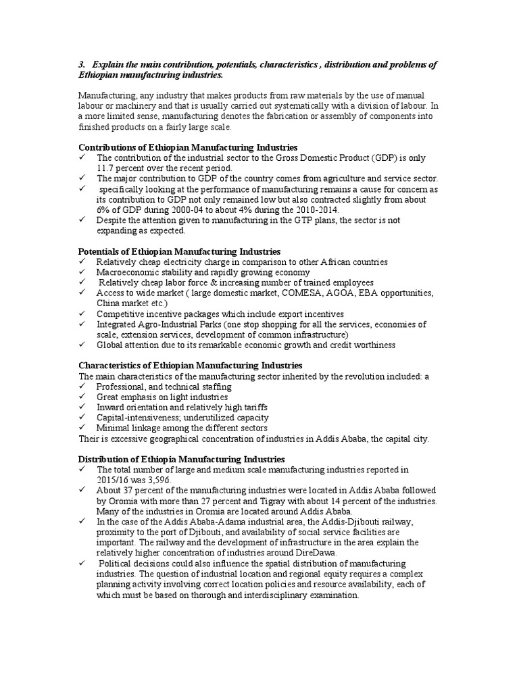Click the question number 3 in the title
pyautogui.click(x=82, y=64)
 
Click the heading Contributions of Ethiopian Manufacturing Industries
pyautogui.click(x=188, y=147)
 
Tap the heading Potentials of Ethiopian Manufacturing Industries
pyautogui.click(x=180, y=251)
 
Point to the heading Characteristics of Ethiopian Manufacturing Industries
pyautogui.click(x=191, y=366)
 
